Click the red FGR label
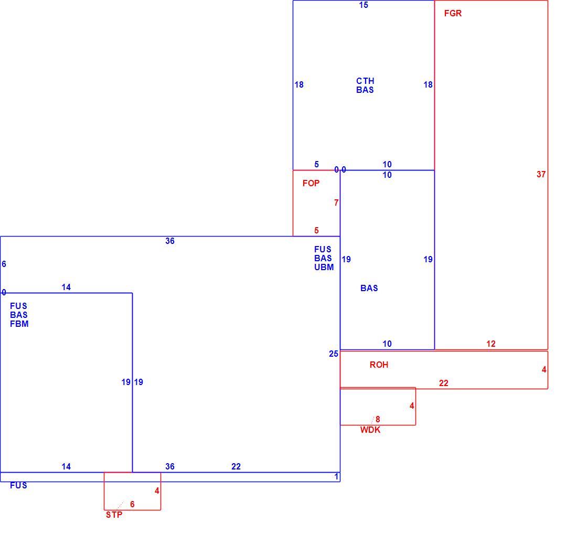tap(453, 13)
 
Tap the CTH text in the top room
tap(365, 81)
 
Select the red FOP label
tap(311, 183)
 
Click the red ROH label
tap(379, 365)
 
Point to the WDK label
tap(370, 430)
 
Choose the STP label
tap(114, 515)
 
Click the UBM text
tap(324, 267)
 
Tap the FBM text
tap(19, 324)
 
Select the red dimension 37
tap(541, 175)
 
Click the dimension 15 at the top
tap(364, 5)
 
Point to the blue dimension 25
tap(334, 354)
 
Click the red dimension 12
tap(491, 344)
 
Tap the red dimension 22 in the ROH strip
tap(444, 383)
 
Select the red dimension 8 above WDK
tap(378, 420)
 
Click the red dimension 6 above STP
tap(133, 505)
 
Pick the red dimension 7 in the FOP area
tap(336, 203)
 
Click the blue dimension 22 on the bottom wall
tap(236, 467)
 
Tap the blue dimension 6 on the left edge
tap(4, 264)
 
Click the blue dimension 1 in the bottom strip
tap(336, 477)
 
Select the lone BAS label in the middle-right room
tap(369, 288)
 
